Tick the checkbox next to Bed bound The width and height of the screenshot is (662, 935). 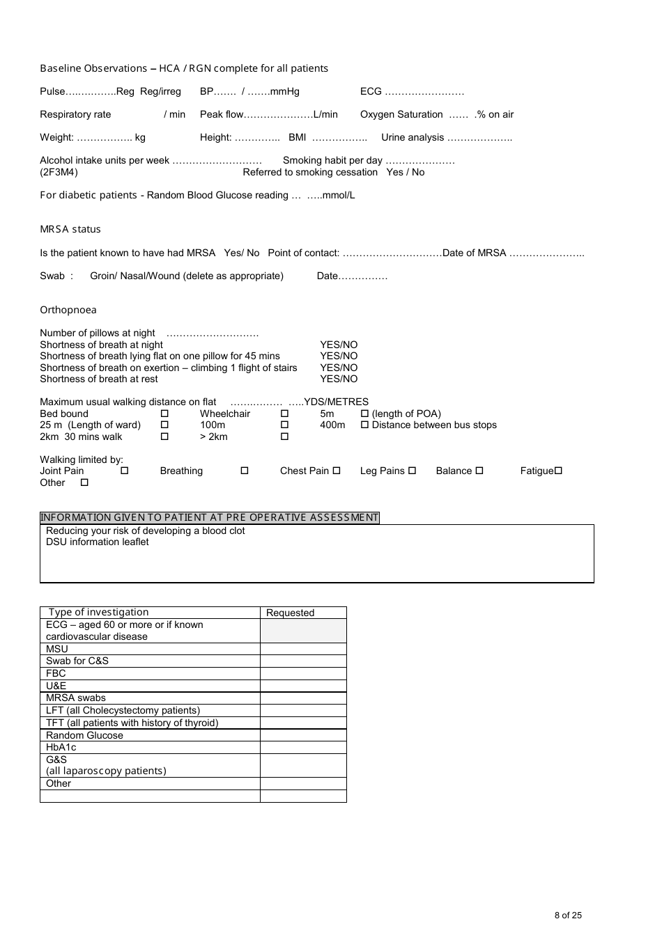(x=164, y=414)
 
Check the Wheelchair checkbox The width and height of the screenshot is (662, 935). (x=284, y=414)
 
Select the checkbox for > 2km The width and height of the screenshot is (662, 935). (x=284, y=437)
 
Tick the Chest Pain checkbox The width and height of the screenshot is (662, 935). (x=337, y=471)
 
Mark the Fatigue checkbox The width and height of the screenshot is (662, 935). (x=558, y=471)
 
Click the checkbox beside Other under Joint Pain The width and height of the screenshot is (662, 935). (x=84, y=483)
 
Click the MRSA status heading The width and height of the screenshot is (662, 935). (x=70, y=229)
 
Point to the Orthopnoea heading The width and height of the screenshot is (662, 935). (x=68, y=310)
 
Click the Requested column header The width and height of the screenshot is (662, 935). (x=291, y=613)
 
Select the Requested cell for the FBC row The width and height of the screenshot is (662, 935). (x=303, y=673)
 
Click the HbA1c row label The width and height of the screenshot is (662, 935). (x=61, y=747)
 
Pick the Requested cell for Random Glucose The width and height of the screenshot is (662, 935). (x=303, y=735)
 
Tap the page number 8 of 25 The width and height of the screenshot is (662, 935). (x=568, y=916)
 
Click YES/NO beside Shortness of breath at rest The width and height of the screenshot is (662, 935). (x=339, y=379)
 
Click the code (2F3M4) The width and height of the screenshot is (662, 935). (x=59, y=172)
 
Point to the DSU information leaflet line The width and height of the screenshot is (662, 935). (x=98, y=542)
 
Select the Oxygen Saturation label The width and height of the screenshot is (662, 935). (x=401, y=114)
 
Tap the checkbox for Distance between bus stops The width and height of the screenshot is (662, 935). (x=364, y=425)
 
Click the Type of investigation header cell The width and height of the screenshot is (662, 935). (x=98, y=612)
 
